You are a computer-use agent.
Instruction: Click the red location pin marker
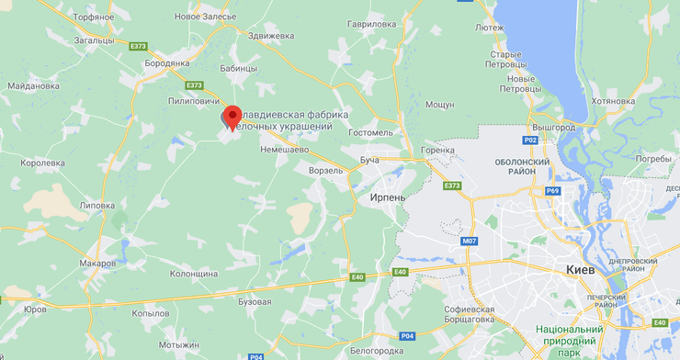pos(232,117)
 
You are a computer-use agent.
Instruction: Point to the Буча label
pos(369,160)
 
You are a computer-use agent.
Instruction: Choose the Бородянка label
pos(167,62)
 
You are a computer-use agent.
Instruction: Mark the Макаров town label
pos(98,263)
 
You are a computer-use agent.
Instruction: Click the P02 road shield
pos(529,141)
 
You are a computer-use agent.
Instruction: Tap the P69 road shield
pos(552,191)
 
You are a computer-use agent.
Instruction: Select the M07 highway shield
pos(470,242)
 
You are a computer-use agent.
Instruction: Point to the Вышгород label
pos(553,127)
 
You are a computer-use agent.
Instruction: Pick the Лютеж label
pos(489,28)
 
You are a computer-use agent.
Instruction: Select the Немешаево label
pos(284,148)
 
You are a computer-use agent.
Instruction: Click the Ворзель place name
pos(327,170)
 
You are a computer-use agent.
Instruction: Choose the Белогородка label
pos(378,350)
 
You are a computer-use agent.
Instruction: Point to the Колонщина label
pos(194,274)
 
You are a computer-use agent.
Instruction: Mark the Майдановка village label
pos(33,86)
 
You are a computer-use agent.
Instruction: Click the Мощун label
pos(440,105)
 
